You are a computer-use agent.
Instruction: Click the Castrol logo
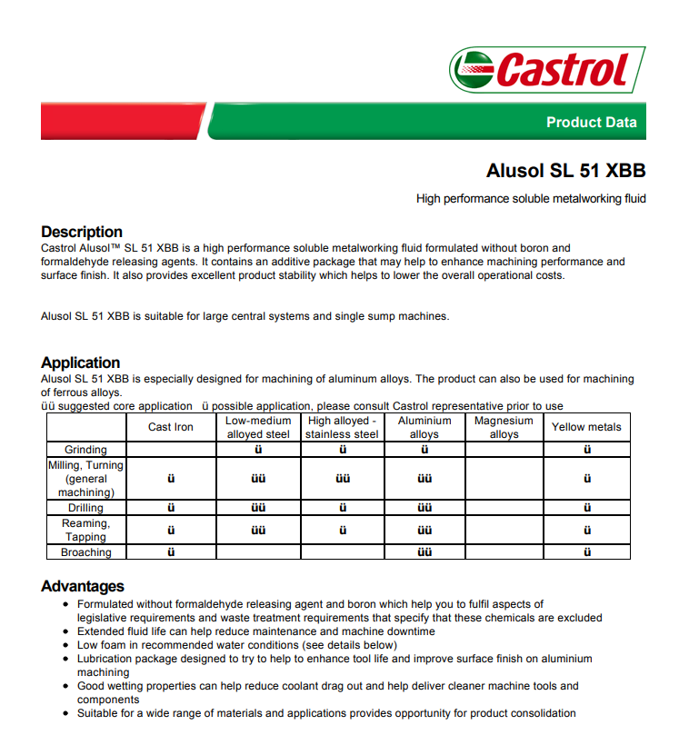click(547, 69)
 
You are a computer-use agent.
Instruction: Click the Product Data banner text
click(591, 123)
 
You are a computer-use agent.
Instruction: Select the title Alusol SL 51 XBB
click(565, 171)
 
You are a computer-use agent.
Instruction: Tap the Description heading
click(82, 232)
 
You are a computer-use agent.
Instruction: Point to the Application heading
click(80, 363)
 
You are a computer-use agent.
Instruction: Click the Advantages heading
click(83, 586)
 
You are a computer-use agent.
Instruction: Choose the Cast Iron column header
click(171, 427)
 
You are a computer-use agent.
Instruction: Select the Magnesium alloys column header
click(504, 427)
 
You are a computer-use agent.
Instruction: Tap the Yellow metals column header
click(586, 427)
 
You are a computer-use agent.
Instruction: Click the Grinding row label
click(85, 449)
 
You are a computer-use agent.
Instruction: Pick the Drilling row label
click(85, 508)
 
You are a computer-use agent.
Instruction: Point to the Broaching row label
click(85, 551)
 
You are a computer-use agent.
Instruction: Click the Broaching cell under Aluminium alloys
click(424, 551)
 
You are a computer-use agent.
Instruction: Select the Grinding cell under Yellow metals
click(587, 449)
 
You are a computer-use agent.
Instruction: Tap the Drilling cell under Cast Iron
click(171, 508)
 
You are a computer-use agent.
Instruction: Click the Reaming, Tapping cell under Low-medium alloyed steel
click(258, 530)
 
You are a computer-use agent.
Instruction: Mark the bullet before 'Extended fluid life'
click(65, 631)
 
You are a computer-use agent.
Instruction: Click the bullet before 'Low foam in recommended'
click(65, 645)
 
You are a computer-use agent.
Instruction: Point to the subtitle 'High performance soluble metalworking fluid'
click(531, 198)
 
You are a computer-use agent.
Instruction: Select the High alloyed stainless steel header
click(342, 427)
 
